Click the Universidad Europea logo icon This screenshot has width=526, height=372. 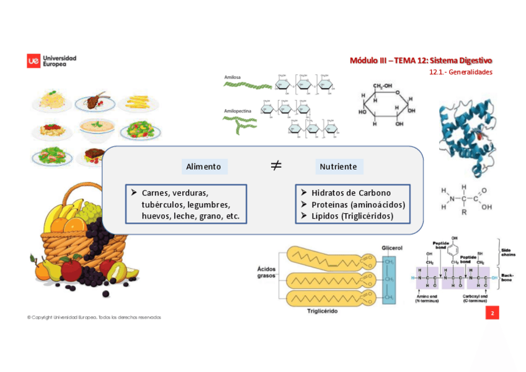(33, 60)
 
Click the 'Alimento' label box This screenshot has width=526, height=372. (203, 166)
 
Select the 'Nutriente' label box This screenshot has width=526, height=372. (338, 166)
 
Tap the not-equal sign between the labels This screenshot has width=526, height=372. (276, 165)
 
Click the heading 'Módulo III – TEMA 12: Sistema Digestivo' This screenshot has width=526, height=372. (421, 60)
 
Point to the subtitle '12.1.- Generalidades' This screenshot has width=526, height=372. (460, 72)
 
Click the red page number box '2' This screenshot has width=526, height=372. (492, 313)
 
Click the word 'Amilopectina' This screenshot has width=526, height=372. (238, 111)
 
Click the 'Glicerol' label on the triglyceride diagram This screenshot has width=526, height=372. (392, 247)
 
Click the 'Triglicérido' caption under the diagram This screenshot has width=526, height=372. (323, 311)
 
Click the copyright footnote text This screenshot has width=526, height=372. (94, 317)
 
